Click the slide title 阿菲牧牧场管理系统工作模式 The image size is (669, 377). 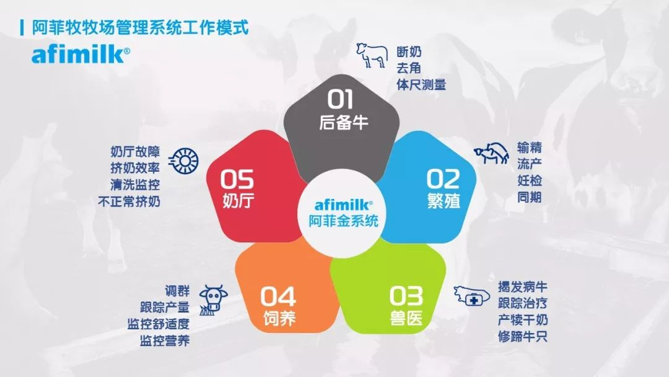(x=141, y=28)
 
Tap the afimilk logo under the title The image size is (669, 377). (x=80, y=55)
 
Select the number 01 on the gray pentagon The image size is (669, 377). (x=341, y=99)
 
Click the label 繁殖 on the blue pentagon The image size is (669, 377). (x=444, y=200)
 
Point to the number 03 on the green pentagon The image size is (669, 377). (x=406, y=296)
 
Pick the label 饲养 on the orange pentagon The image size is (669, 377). (x=279, y=318)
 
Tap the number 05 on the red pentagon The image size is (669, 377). (x=237, y=179)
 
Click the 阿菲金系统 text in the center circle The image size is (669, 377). (x=343, y=221)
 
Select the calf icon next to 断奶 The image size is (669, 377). (x=371, y=55)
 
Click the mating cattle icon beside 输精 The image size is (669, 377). (x=491, y=153)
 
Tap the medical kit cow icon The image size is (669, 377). (x=471, y=295)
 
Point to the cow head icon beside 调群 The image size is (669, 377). (x=213, y=299)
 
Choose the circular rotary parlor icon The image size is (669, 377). (x=184, y=161)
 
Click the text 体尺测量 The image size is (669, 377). (x=421, y=84)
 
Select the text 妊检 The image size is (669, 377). (x=530, y=180)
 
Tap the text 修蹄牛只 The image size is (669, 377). (x=522, y=337)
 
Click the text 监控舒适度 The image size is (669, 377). (x=159, y=324)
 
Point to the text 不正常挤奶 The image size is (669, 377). (x=129, y=201)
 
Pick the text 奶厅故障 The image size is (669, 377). (x=135, y=151)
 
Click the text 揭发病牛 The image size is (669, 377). (x=522, y=287)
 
